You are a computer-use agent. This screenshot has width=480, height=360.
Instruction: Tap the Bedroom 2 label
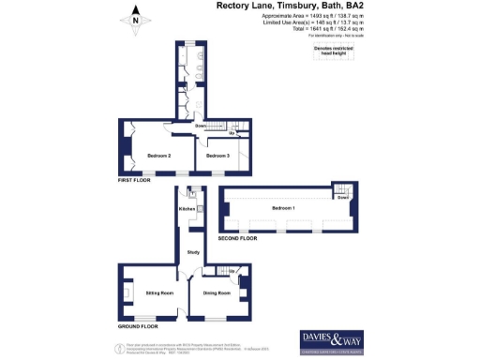pyautogui.click(x=157, y=155)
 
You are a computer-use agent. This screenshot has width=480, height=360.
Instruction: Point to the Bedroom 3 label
pyautogui.click(x=217, y=155)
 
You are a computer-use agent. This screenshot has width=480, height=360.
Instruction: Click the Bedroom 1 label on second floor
pyautogui.click(x=283, y=207)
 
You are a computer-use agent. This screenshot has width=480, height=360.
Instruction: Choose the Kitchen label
pyautogui.click(x=187, y=209)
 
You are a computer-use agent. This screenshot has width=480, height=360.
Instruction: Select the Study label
pyautogui.click(x=193, y=253)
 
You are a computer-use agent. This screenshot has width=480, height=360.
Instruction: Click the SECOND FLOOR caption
pyautogui.click(x=238, y=239)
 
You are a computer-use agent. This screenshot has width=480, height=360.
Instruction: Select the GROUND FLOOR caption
pyautogui.click(x=137, y=327)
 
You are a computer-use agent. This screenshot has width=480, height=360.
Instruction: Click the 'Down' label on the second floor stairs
pyautogui.click(x=343, y=198)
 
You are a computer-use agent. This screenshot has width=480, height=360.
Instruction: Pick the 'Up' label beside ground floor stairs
pyautogui.click(x=232, y=272)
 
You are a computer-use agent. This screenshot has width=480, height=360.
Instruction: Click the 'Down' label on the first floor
pyautogui.click(x=201, y=126)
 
